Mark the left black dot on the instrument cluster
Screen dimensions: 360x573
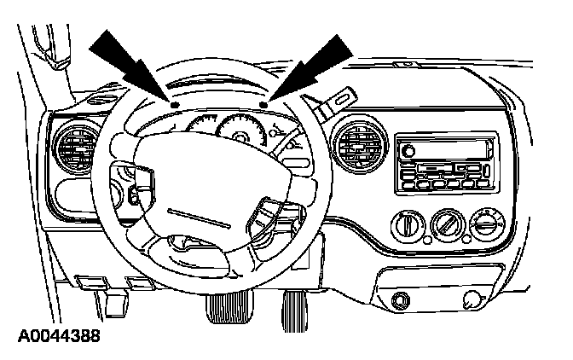(176, 103)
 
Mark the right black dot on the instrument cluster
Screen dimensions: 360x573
(265, 105)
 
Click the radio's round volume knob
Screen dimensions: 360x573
(408, 150)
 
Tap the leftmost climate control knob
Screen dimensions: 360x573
(406, 226)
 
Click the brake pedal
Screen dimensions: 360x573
(224, 308)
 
